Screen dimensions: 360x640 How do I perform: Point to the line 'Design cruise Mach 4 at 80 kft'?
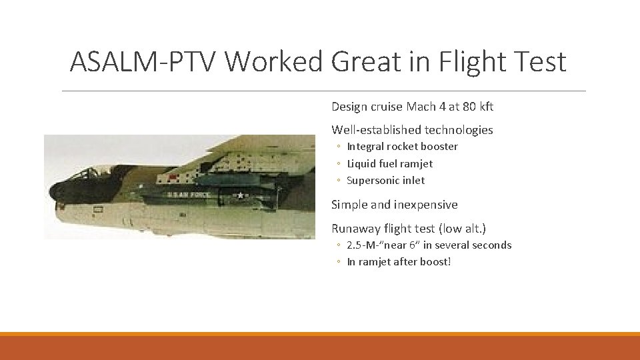[412, 107]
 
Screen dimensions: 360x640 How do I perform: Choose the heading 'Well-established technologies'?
[412, 130]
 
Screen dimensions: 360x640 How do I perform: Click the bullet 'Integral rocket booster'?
[402, 147]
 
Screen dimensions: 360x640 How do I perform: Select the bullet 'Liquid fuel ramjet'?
[389, 163]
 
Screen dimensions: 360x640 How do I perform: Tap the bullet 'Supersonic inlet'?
[385, 181]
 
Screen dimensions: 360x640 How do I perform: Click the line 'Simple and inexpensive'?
[394, 205]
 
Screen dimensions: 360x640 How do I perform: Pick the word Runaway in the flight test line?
[355, 229]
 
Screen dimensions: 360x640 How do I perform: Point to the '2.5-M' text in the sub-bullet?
[361, 245]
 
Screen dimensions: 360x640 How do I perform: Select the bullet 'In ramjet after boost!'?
[399, 262]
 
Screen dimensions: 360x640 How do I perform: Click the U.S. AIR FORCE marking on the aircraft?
[189, 195]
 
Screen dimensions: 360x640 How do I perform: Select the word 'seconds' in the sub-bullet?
[492, 245]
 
